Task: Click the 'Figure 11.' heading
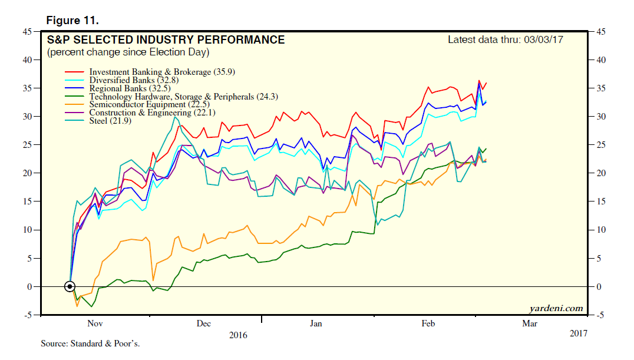point(72,21)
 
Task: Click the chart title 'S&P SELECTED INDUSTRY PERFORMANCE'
point(166,40)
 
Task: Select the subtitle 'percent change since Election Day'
point(128,52)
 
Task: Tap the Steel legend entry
point(110,121)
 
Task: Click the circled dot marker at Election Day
point(70,286)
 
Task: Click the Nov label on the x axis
point(95,323)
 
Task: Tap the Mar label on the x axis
point(530,323)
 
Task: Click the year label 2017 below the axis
point(579,333)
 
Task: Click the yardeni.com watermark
point(556,308)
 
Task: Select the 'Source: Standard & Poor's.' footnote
point(90,343)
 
